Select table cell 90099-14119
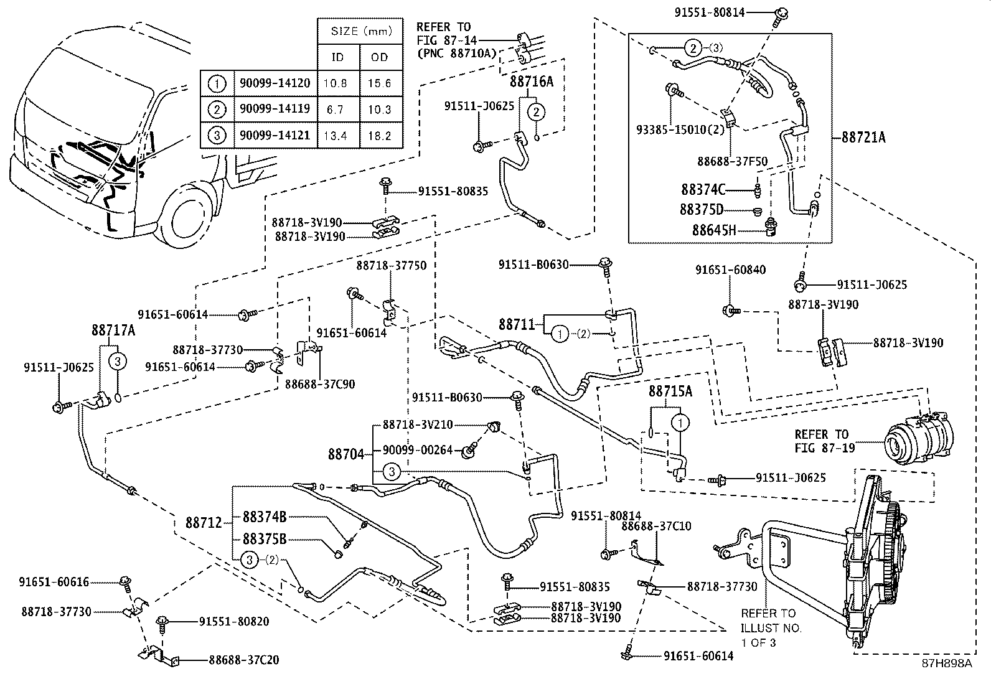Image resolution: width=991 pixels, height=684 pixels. pos(275,110)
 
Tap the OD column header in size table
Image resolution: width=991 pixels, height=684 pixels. pos(379,57)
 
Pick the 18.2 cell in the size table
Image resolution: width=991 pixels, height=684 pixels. pos(379,135)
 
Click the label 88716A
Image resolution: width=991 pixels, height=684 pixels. pos(531,82)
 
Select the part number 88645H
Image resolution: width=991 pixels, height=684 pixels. pos(713,230)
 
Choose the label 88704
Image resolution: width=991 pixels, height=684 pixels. pos(345,454)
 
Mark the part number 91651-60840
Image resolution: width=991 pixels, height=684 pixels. pos(730,269)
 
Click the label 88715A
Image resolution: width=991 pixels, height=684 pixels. pos(670,391)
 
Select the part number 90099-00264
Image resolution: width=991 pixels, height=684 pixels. pos(417,450)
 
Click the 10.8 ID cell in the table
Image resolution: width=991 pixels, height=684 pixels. pos(337,83)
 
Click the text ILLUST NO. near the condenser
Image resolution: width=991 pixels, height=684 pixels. pos(771,628)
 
